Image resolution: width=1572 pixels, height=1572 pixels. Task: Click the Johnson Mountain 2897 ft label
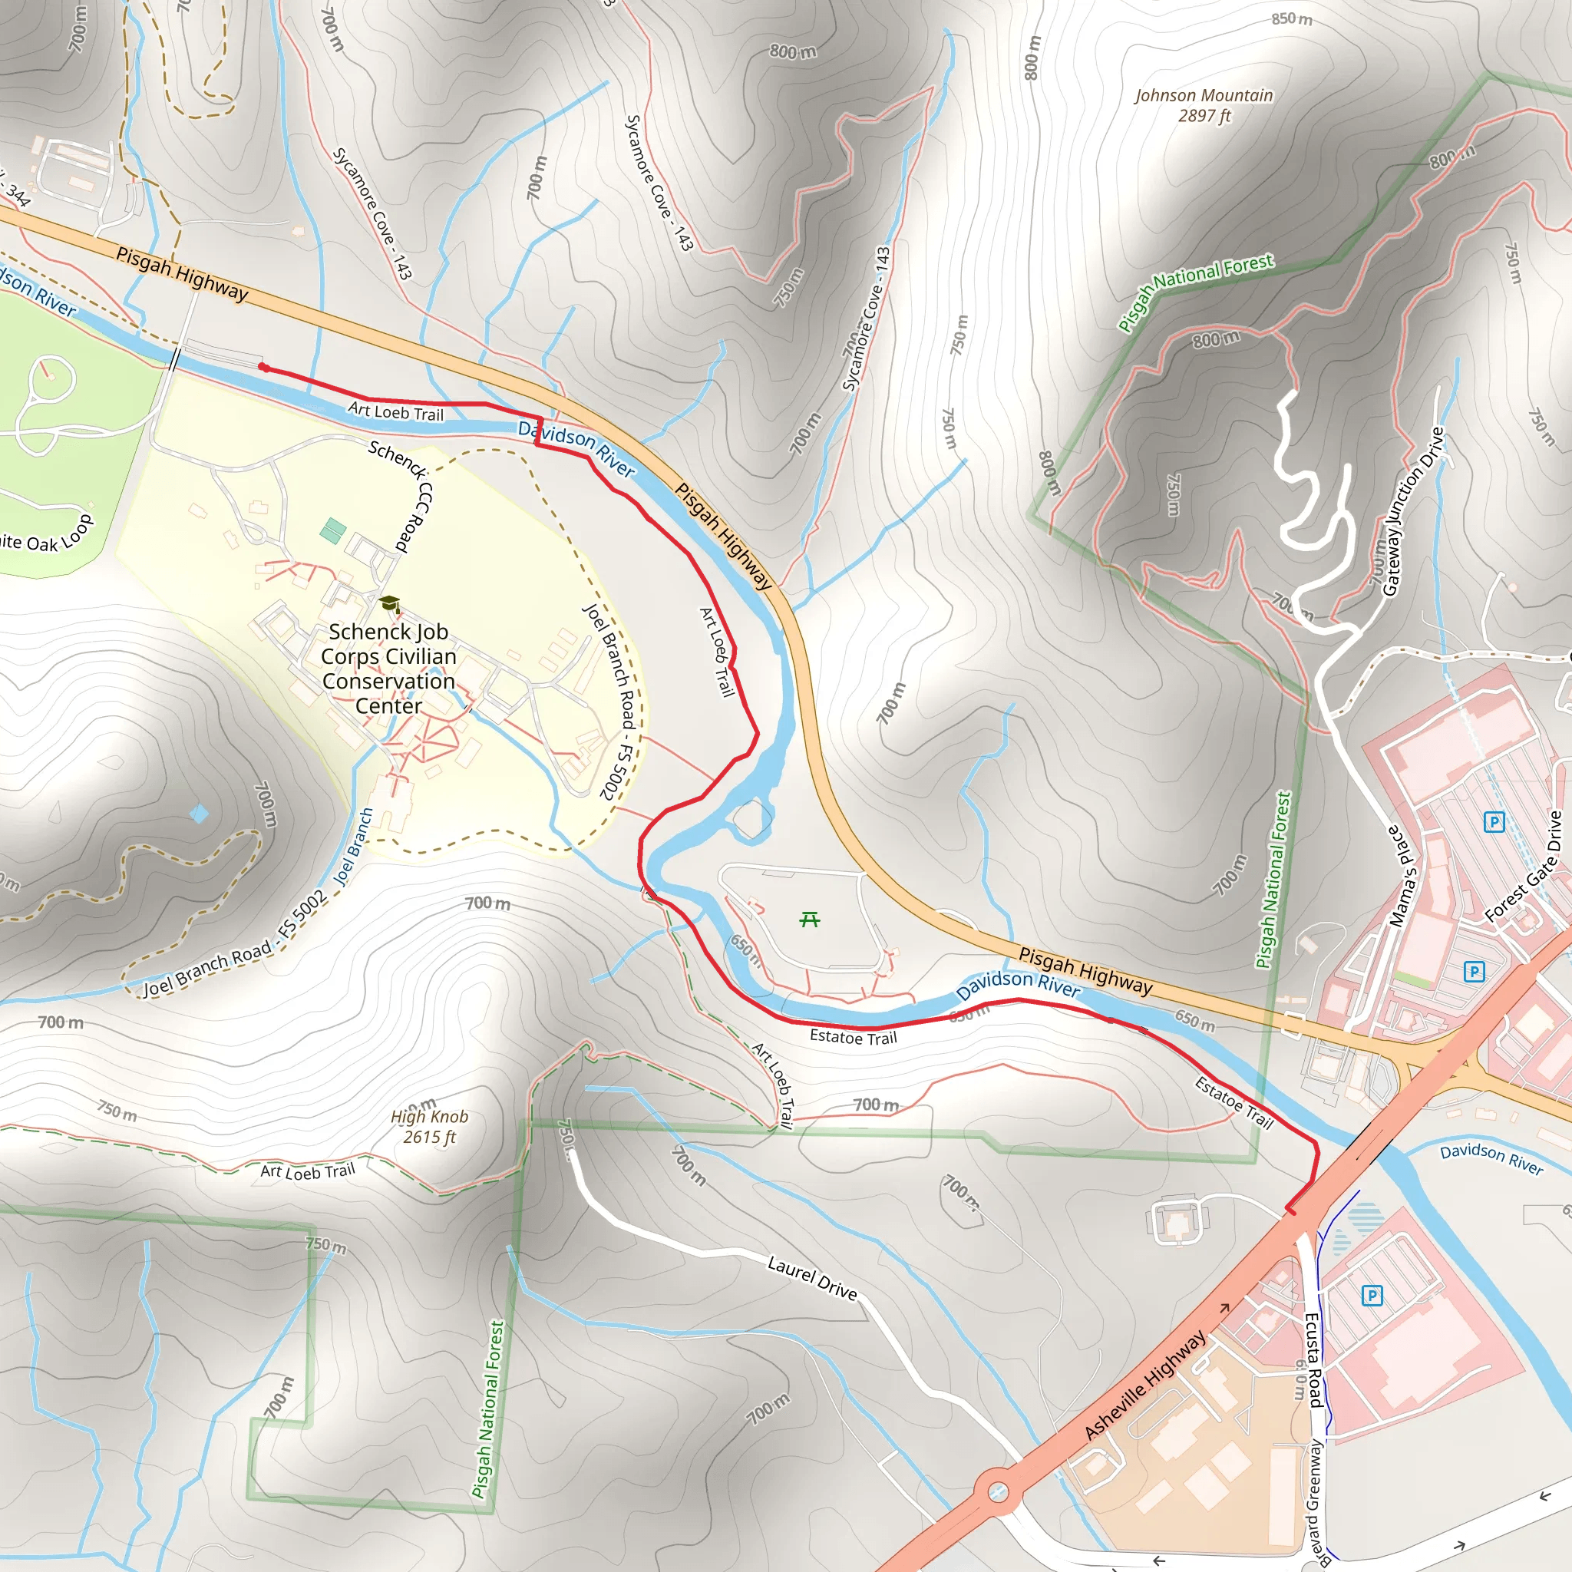(1204, 106)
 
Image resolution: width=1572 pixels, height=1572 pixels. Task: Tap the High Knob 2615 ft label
(429, 1127)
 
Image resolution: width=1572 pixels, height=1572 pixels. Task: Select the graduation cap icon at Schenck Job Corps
(390, 604)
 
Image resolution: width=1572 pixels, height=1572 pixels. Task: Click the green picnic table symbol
(809, 920)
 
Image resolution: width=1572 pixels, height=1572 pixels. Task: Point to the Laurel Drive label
(812, 1278)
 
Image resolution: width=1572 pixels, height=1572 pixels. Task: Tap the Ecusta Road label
(1313, 1359)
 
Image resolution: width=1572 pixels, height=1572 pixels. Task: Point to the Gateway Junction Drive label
(1413, 512)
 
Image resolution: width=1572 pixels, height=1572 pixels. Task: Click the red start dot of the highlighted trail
(263, 367)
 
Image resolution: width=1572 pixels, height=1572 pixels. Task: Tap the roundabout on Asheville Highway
(998, 1492)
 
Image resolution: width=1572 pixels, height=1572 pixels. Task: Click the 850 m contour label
(1291, 18)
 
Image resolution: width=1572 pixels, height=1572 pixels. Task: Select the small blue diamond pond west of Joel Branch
(199, 813)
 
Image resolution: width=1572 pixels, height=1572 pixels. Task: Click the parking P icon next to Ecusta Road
(1372, 1296)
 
